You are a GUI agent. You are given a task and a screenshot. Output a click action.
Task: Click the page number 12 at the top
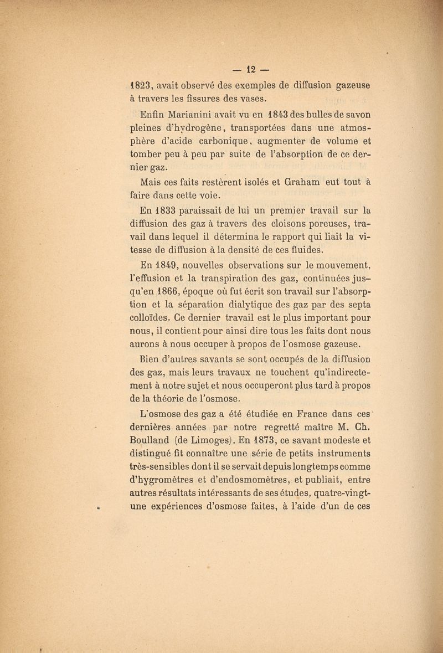pos(249,71)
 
